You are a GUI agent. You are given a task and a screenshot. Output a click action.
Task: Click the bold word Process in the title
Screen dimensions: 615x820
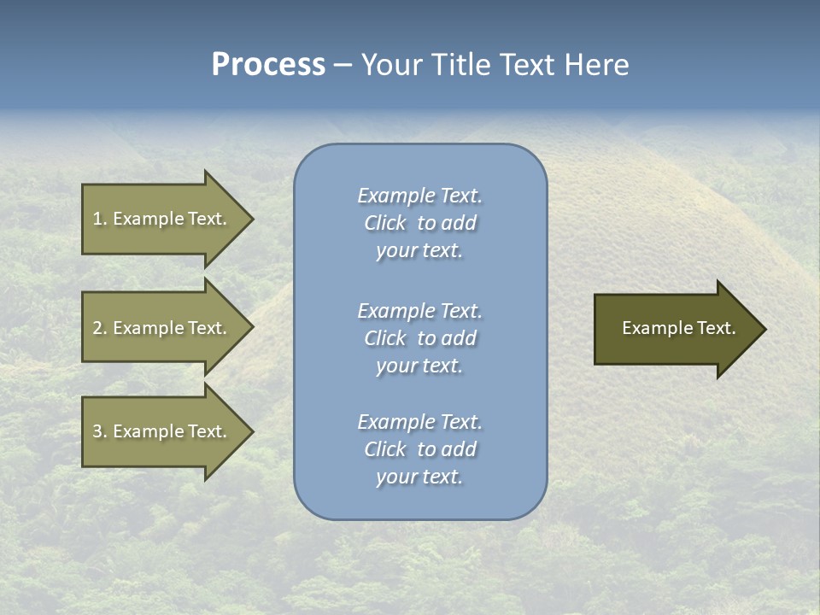[x=268, y=65]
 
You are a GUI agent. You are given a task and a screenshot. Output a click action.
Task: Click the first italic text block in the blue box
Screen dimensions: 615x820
[x=419, y=223]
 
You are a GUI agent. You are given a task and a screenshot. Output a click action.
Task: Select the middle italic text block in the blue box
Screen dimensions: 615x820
[x=419, y=338]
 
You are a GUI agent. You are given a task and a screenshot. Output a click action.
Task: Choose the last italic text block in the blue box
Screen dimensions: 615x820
[x=419, y=449]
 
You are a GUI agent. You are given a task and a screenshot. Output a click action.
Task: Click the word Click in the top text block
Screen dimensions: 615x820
[x=385, y=223]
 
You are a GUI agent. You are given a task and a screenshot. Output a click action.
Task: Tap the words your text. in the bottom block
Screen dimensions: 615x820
[x=419, y=477]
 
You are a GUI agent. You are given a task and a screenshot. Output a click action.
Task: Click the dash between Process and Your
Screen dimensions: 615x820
[x=343, y=65]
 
